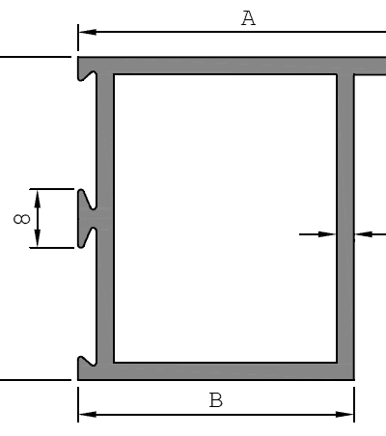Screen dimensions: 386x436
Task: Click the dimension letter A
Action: point(248,18)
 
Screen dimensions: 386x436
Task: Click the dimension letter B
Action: point(215,400)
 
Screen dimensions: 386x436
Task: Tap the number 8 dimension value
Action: point(22,219)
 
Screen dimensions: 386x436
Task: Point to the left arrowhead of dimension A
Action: point(88,32)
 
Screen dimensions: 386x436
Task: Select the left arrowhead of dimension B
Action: point(88,415)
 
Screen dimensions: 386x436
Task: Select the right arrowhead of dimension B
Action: point(345,415)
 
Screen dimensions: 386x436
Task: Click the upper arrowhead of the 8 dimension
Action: point(38,199)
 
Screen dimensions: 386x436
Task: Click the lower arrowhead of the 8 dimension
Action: point(38,238)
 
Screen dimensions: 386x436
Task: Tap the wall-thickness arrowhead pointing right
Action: point(327,234)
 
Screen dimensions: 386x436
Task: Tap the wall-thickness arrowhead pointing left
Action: point(364,234)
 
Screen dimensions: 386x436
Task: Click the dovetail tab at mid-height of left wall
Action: point(87,218)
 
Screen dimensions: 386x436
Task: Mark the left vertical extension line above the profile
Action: point(78,38)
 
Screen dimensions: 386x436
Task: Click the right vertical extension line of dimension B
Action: point(354,404)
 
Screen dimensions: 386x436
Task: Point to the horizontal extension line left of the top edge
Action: point(36,57)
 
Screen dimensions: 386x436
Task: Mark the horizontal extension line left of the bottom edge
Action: point(36,380)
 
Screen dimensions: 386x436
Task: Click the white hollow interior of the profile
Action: point(225,219)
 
